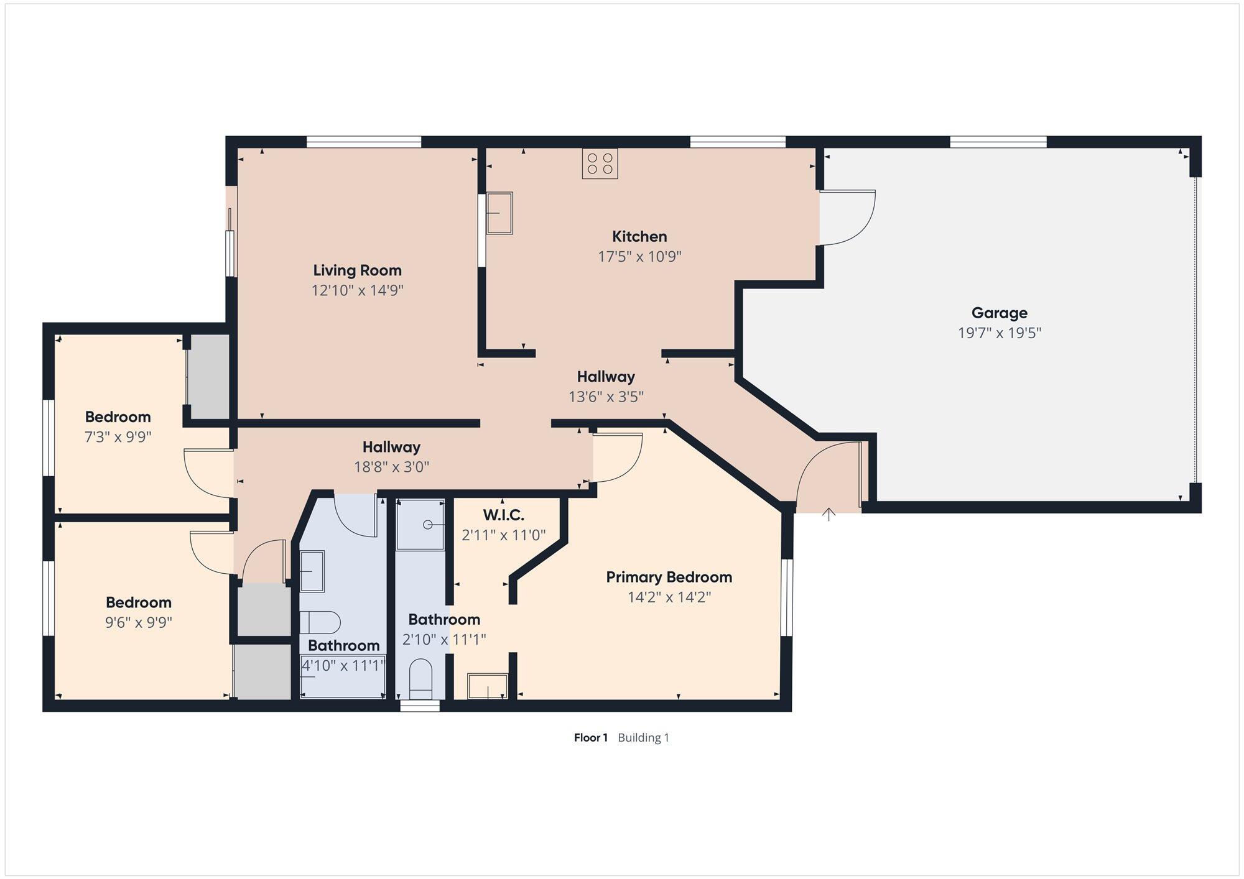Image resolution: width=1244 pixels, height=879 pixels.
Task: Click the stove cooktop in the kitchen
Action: (x=600, y=163)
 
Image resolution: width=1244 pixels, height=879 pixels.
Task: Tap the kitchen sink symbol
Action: (x=499, y=213)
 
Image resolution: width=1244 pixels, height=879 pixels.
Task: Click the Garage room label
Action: (x=1000, y=313)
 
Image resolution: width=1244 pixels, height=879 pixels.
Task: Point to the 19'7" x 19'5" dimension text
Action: (x=1000, y=333)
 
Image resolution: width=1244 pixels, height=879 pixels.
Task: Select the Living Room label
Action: (x=357, y=270)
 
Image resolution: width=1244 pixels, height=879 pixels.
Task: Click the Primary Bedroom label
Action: (x=669, y=578)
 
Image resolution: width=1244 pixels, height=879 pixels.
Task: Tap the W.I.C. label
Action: (x=504, y=515)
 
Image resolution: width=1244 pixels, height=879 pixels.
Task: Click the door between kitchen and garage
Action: (x=847, y=218)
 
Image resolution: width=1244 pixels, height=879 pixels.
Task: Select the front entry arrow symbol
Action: (x=829, y=514)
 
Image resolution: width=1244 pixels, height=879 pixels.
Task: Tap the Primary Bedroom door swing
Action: (x=617, y=458)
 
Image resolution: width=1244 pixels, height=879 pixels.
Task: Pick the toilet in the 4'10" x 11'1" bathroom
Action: (x=320, y=622)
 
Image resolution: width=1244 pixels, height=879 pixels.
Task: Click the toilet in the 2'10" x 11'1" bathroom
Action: (x=421, y=679)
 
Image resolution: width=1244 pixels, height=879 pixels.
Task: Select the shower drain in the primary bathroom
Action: (x=428, y=525)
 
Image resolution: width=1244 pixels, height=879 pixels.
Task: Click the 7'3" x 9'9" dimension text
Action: (x=118, y=437)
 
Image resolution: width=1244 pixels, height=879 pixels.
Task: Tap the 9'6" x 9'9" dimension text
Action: (x=139, y=622)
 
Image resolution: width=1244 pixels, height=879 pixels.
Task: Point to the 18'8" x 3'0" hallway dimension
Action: (x=392, y=467)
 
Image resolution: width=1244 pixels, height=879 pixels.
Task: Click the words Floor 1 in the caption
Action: (x=591, y=738)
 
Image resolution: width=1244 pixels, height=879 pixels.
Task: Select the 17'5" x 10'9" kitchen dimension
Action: (x=640, y=257)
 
